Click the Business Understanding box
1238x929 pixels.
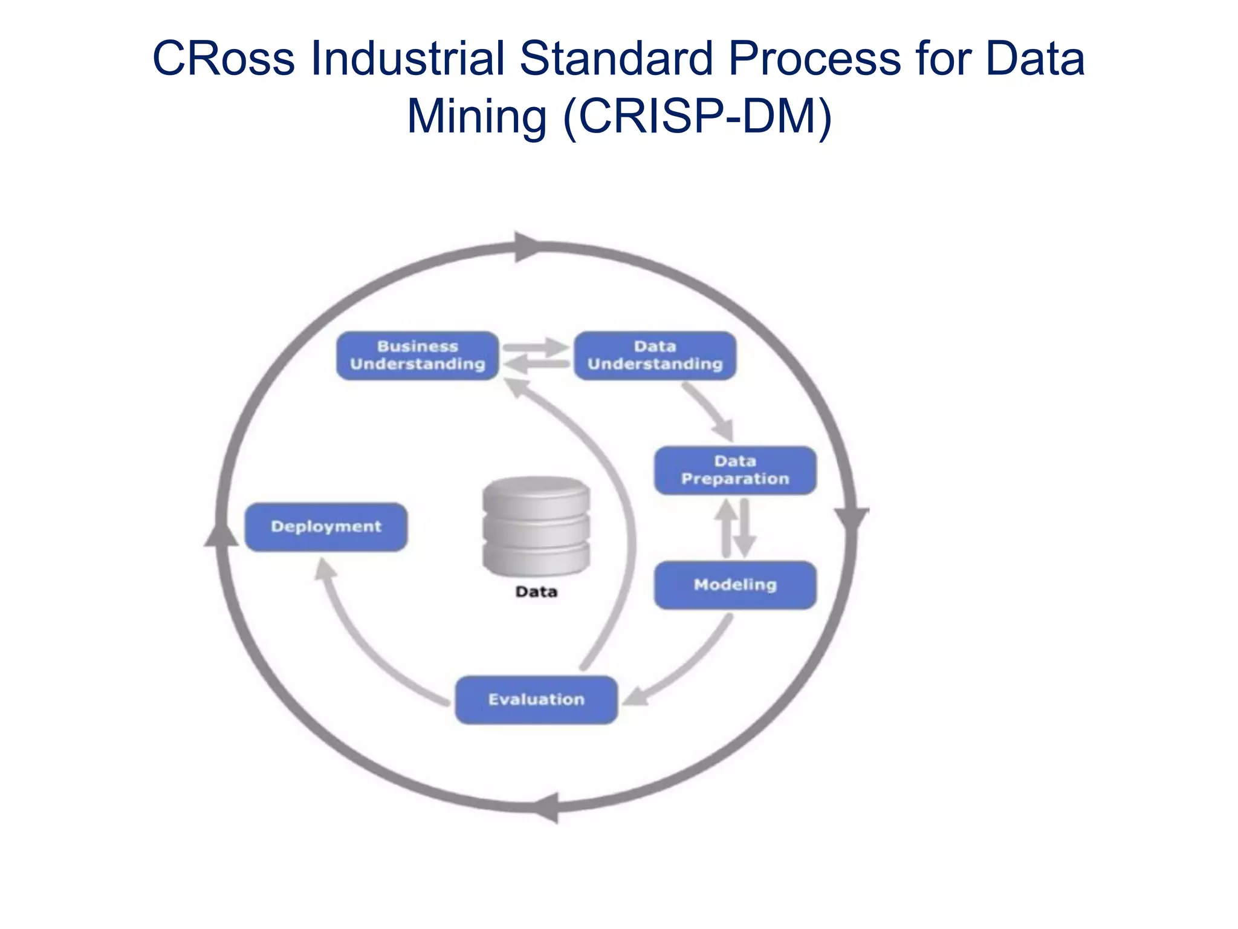coord(417,356)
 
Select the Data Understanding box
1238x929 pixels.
coord(655,356)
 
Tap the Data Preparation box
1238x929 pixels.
coord(735,471)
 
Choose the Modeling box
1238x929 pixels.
coord(735,585)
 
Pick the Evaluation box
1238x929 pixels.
coord(536,700)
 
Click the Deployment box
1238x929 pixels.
coord(326,527)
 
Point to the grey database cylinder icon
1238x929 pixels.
coord(536,526)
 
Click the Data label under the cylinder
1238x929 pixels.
coord(536,592)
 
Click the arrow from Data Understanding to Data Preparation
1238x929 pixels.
coord(710,411)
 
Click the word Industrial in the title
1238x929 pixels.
coord(407,59)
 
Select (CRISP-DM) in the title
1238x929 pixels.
coord(697,116)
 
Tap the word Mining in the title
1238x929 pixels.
coord(476,116)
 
